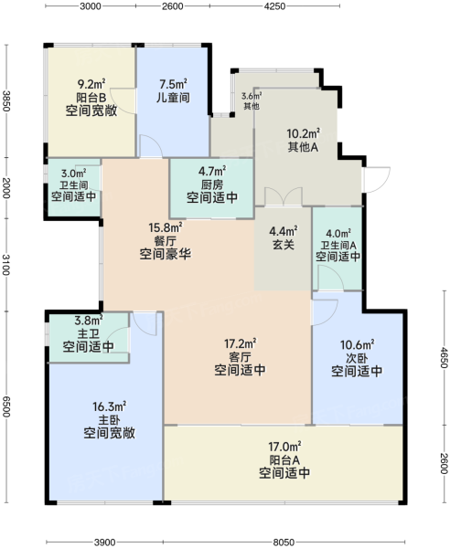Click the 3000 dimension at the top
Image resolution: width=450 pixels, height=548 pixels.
pos(91,6)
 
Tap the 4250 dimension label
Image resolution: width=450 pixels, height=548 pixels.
pos(274,6)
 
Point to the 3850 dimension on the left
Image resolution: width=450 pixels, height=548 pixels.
pos(6,101)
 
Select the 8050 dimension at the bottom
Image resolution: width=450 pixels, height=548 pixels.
pos(284,542)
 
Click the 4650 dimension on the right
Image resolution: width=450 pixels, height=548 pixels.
pos(444,357)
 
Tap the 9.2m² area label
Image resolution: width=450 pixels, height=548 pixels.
pos(91,84)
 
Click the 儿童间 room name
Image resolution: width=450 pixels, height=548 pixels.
pos(173,98)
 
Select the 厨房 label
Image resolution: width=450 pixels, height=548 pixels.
pos(212,184)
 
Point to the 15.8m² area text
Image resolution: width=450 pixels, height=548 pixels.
pos(166,227)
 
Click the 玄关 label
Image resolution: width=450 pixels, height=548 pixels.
pos(284,244)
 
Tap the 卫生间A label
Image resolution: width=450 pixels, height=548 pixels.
pos(338,246)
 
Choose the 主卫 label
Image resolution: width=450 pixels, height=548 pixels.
pos(88,333)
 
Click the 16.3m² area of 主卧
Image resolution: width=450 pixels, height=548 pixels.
pos(109,406)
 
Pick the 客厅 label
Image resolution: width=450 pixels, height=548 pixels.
pos(240,357)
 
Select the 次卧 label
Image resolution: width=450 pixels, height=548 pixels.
pos(357,358)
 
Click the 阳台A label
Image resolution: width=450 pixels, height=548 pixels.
pos(284,460)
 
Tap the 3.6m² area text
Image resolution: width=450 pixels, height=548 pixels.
pos(252,95)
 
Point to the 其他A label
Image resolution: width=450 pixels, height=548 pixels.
pos(303,147)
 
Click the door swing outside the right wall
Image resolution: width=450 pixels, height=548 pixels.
pos(378,180)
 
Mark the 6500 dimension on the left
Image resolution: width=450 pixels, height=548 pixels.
pos(6,406)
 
